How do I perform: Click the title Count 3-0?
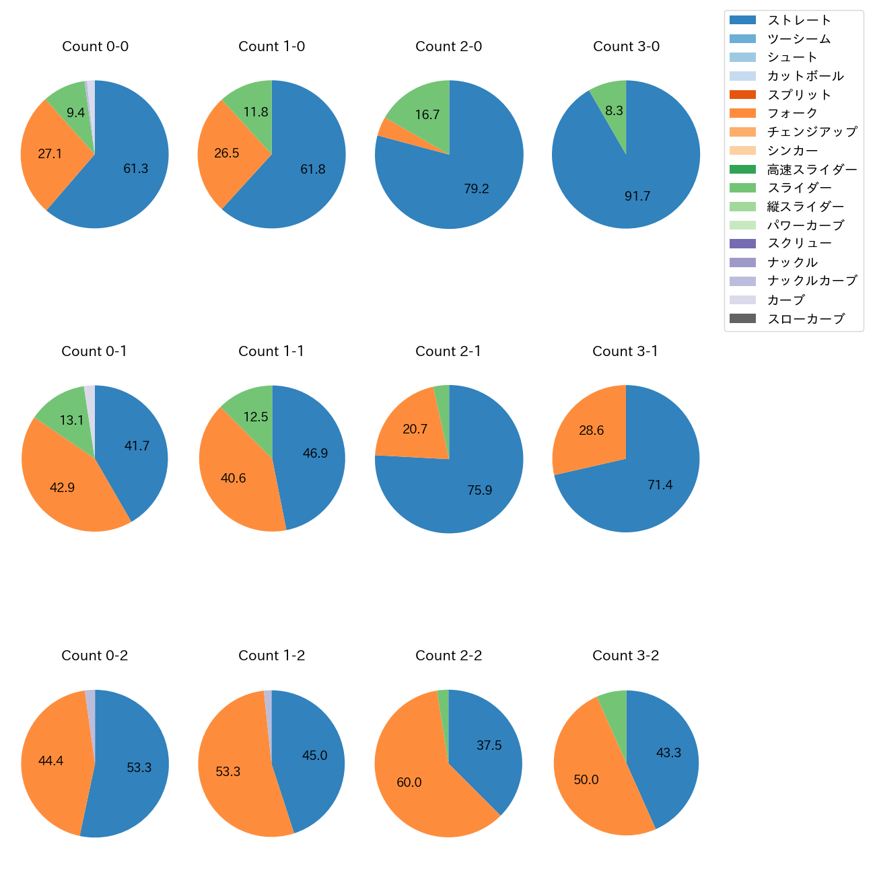pyautogui.click(x=626, y=46)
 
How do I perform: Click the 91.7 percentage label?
pyautogui.click(x=637, y=196)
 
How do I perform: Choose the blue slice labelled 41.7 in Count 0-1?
pyautogui.click(x=135, y=444)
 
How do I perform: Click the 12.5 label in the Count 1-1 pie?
pyautogui.click(x=256, y=417)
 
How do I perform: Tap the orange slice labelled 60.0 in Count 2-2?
pyautogui.click(x=411, y=781)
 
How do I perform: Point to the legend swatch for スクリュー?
pyautogui.click(x=742, y=244)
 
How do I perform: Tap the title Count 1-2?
pyautogui.click(x=272, y=656)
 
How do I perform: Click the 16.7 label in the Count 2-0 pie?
pyautogui.click(x=427, y=114)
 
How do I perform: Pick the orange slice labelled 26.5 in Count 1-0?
pyautogui.click(x=227, y=153)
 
